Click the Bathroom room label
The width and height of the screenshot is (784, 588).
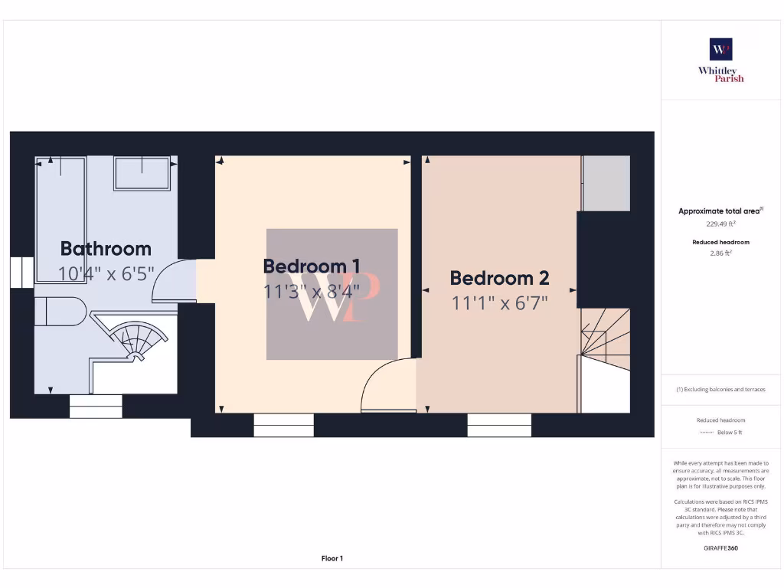(x=106, y=249)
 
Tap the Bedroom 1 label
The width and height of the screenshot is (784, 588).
(x=312, y=266)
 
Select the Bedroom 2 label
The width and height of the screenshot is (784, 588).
(x=499, y=279)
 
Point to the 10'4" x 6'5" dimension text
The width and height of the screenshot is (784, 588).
(x=106, y=273)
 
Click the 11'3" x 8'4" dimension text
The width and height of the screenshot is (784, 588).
(x=312, y=292)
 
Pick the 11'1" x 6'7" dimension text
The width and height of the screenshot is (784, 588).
(x=499, y=303)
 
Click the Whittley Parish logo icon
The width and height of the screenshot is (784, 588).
(x=720, y=50)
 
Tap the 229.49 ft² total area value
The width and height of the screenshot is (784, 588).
(x=720, y=224)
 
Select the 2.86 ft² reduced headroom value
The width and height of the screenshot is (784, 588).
(x=720, y=252)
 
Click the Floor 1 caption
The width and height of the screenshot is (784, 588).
(x=332, y=559)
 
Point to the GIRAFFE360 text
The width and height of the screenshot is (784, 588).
(x=720, y=548)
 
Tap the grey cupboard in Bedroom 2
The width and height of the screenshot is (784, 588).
(x=606, y=184)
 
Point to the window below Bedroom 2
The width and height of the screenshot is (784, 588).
(x=499, y=425)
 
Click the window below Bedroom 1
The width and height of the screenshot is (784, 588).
(x=283, y=425)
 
